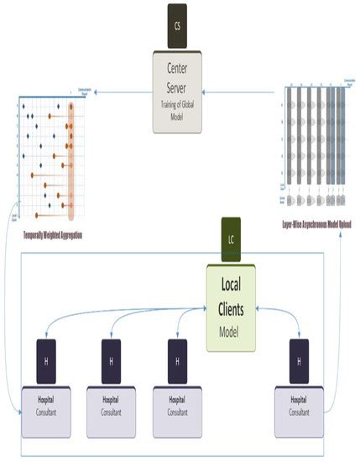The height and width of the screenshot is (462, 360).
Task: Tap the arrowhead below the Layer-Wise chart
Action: click(x=342, y=220)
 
